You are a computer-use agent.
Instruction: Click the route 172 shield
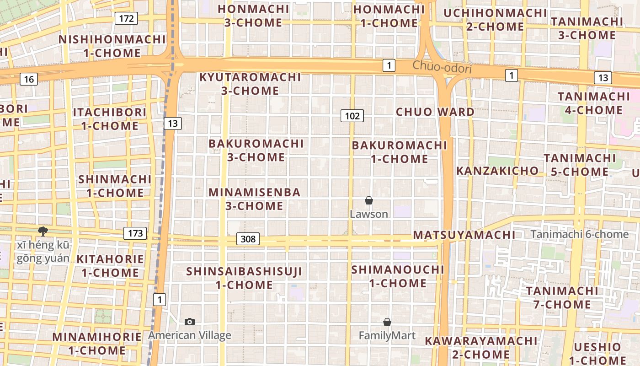coord(126,18)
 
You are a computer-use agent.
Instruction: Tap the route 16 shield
coord(29,79)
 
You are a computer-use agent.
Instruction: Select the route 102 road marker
coord(352,116)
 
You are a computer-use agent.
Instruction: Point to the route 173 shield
coord(135,233)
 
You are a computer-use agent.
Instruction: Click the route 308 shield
coord(248,239)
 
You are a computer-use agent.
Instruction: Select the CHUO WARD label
coord(435,112)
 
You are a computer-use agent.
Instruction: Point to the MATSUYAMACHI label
coord(464,235)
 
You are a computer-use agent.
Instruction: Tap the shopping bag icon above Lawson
coord(369,200)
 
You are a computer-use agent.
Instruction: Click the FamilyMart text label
coord(387,336)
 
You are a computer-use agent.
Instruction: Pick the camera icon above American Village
coord(189,322)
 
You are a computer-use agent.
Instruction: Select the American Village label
coord(189,335)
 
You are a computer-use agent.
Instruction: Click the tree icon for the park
coord(43,231)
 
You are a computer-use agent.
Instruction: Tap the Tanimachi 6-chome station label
coord(579,234)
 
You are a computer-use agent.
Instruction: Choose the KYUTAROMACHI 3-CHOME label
coord(250,84)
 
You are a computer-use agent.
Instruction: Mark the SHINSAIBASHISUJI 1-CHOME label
coord(244,278)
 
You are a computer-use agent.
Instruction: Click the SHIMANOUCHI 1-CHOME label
coord(398,276)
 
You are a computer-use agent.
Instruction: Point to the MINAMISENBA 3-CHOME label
coord(255,199)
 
